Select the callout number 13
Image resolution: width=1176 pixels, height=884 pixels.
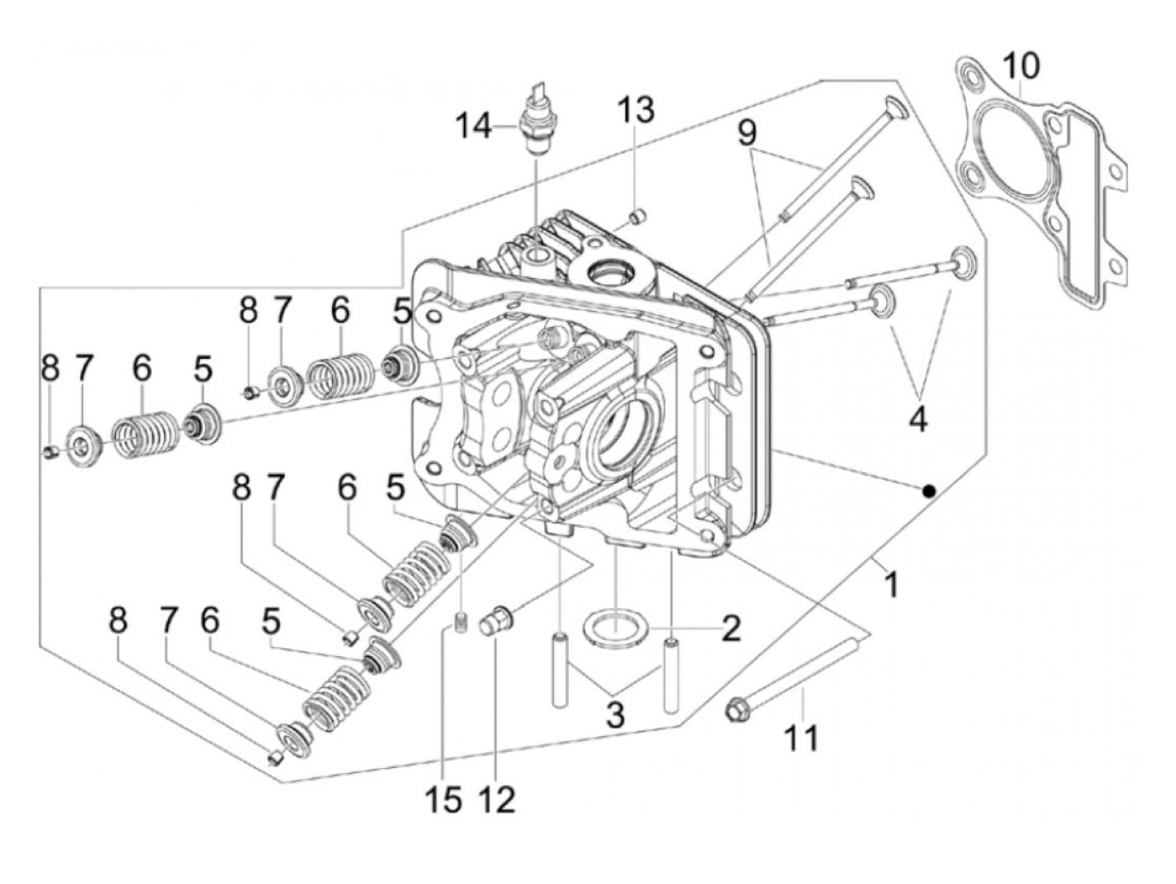(x=636, y=110)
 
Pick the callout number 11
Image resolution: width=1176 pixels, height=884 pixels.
(x=801, y=738)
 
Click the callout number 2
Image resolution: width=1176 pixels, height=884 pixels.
(x=730, y=628)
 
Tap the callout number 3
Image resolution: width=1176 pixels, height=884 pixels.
(x=615, y=713)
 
